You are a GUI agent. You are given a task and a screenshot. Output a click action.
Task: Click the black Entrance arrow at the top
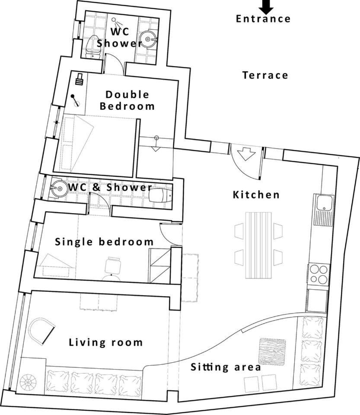266,7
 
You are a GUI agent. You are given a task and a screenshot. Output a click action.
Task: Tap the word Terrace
265,75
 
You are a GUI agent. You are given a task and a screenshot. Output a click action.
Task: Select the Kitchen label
256,195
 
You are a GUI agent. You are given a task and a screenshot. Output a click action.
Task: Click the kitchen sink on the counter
324,210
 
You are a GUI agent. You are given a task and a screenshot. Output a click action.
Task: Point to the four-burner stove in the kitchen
319,274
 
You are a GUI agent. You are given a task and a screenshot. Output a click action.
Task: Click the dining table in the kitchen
259,245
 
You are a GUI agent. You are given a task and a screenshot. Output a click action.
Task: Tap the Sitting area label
226,367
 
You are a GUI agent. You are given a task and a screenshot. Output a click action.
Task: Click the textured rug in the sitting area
272,351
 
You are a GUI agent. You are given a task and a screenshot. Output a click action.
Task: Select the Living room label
106,342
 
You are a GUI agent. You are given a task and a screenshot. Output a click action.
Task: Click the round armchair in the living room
41,331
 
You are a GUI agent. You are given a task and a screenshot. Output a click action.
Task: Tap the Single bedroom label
104,242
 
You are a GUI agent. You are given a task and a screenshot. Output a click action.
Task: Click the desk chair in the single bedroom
113,265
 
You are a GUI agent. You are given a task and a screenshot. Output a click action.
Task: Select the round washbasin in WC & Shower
59,188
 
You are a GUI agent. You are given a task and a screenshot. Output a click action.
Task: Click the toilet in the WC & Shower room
161,195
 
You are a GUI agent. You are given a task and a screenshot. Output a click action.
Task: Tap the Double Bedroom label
127,100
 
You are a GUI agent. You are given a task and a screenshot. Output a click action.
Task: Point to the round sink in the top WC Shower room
147,39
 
